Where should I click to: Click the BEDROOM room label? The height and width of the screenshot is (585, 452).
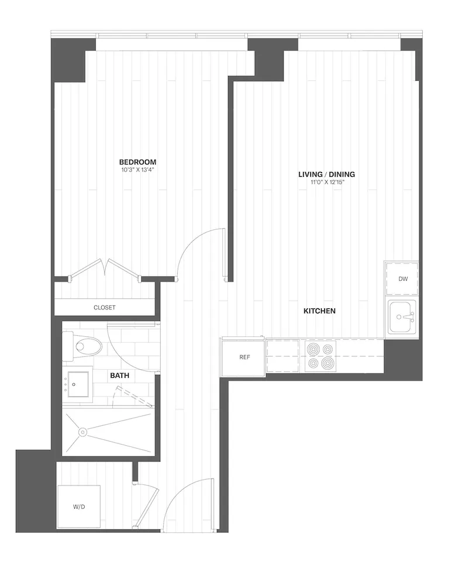(x=138, y=162)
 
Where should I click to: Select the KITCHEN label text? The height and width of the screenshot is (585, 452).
(x=319, y=311)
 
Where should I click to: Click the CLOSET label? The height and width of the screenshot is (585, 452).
(x=105, y=308)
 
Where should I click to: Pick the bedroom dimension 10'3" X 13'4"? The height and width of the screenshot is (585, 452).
(x=138, y=170)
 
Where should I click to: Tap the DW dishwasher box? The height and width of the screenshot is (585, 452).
(x=402, y=279)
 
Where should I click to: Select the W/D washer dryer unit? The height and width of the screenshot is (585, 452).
(x=79, y=507)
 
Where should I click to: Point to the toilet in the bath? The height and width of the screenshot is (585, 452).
(x=83, y=347)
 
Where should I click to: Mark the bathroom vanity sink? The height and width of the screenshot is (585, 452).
(x=78, y=384)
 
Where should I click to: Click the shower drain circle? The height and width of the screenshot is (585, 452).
(x=82, y=433)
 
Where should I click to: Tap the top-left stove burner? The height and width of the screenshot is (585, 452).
(x=312, y=349)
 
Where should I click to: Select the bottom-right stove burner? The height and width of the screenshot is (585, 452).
(x=328, y=363)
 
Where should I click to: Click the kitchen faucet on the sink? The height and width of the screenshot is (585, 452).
(x=410, y=317)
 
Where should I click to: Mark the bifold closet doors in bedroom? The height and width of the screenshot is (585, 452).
(x=105, y=269)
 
